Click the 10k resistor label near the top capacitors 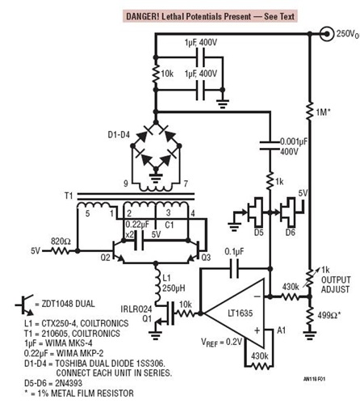pos(168,74)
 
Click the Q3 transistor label pos(206,259)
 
